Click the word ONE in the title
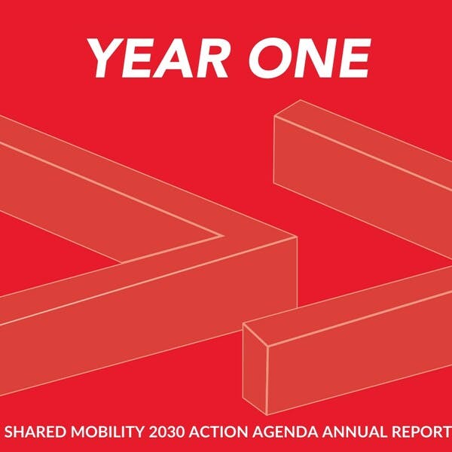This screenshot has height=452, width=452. [x=309, y=59]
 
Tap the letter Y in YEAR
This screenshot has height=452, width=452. [x=105, y=59]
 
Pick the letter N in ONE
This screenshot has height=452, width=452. [x=312, y=59]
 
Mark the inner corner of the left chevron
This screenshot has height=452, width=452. [x=223, y=236]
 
